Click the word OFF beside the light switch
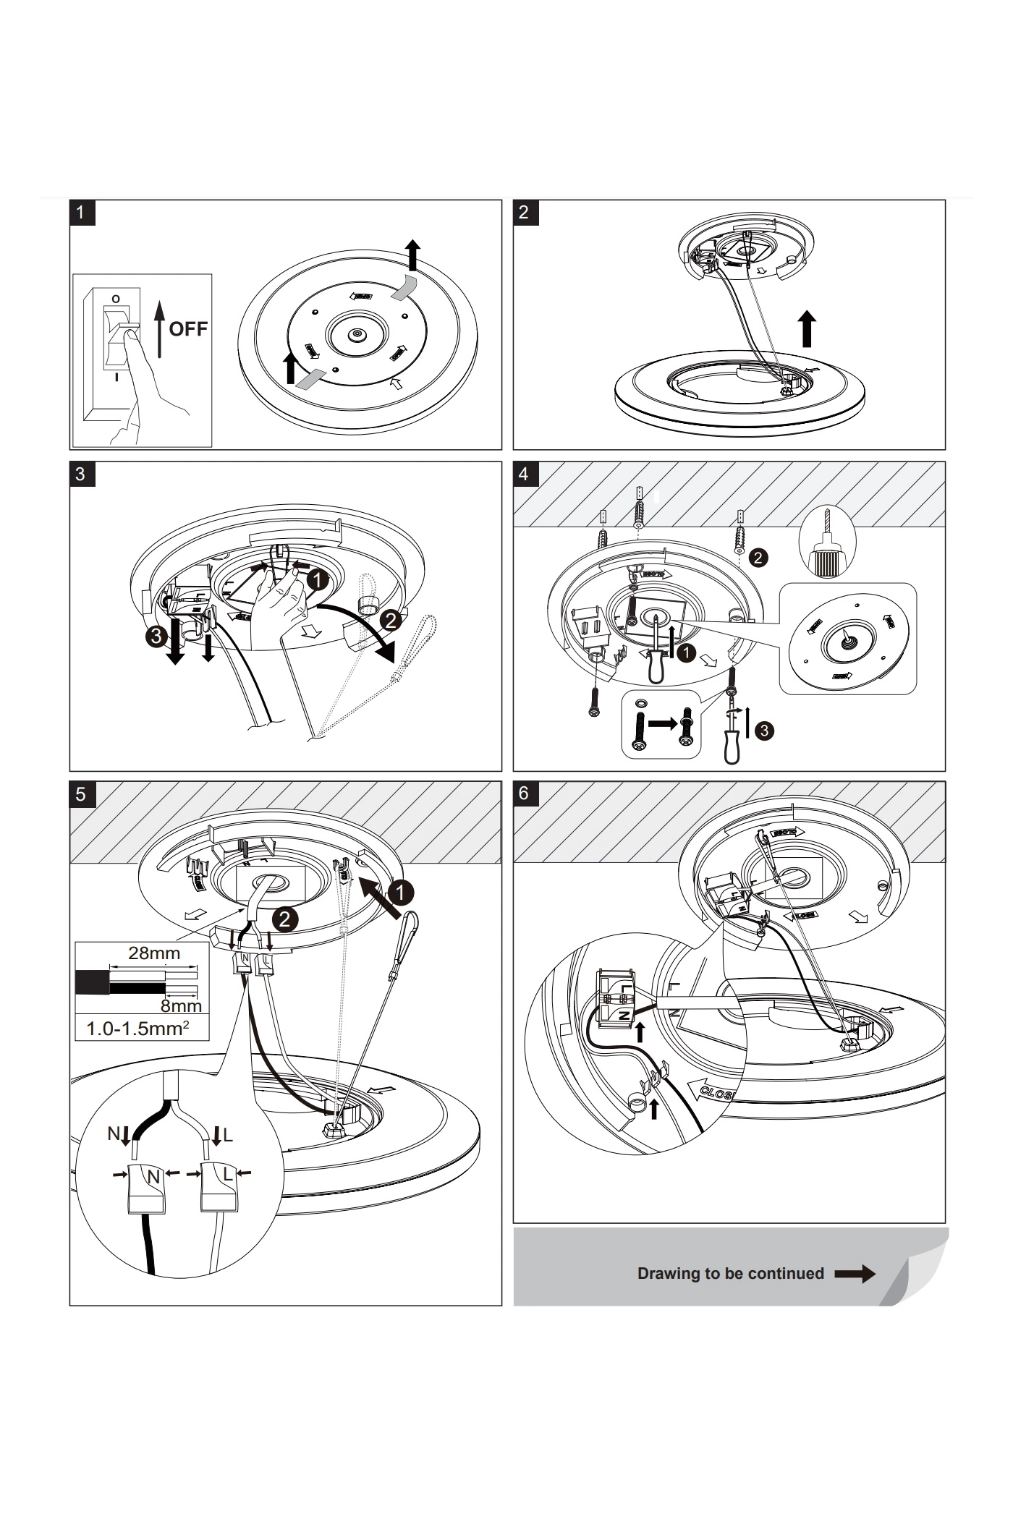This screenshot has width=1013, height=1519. pos(188,329)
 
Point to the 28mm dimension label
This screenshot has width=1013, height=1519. pos(154,953)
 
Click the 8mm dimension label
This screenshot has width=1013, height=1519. pos(181,1005)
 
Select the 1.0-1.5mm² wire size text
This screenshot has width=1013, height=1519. pos(138,1029)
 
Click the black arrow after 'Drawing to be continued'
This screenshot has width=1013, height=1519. pos(855,1274)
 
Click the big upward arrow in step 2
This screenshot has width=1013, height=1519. pos(808,329)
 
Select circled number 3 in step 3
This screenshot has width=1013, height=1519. pos(154,637)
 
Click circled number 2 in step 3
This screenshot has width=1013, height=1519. pos(391,620)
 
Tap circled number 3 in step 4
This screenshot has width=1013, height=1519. pos(763,731)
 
